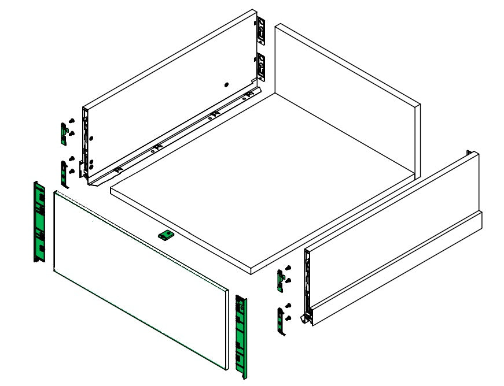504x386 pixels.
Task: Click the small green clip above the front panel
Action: (166, 235)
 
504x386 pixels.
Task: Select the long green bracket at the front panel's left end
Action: (39, 221)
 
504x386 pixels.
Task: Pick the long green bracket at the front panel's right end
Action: (241, 336)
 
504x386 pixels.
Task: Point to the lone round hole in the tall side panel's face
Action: (226, 84)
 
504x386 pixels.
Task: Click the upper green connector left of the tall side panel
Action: (63, 133)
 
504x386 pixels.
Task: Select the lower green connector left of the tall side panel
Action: (63, 172)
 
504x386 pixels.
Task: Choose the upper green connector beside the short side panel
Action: (281, 279)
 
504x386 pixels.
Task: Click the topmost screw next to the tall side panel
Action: (72, 120)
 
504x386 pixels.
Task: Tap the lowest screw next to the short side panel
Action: (288, 318)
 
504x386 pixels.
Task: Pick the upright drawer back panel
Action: (347, 98)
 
